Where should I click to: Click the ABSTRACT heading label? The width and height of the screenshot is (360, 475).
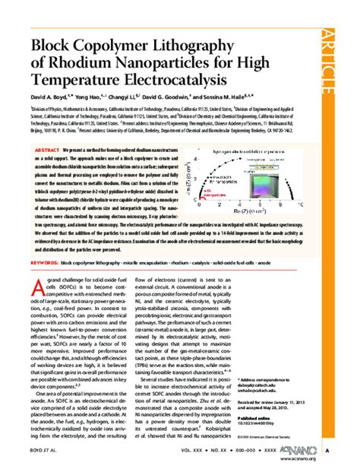click(x=49, y=151)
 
